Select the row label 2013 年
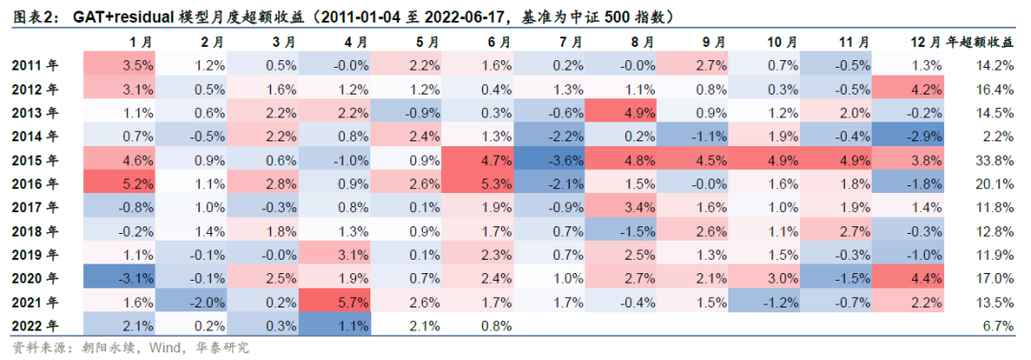(x=34, y=112)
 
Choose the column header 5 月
(x=427, y=42)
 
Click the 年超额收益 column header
(x=979, y=42)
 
